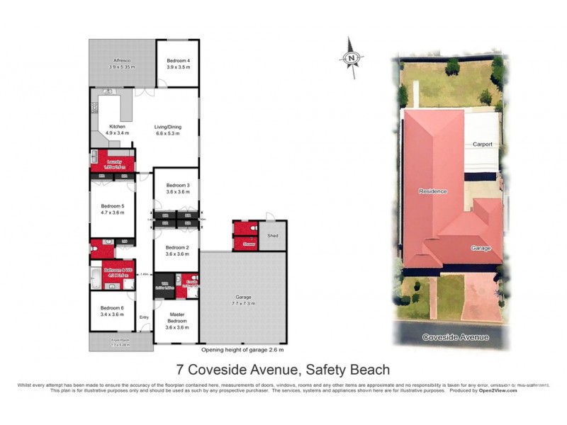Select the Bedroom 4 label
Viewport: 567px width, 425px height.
tap(178, 62)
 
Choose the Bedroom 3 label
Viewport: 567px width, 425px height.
tap(178, 187)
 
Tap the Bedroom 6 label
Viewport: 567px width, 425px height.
tap(112, 308)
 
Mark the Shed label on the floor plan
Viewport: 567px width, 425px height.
tap(273, 235)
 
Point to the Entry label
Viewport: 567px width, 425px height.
tap(145, 317)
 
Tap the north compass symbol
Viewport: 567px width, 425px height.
tap(352, 55)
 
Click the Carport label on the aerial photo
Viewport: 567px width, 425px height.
tap(483, 144)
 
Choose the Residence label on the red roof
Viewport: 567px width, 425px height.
tap(432, 191)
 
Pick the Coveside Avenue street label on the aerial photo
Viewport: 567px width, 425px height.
tap(455, 337)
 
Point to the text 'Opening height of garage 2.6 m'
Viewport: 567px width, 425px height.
tap(242, 350)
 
